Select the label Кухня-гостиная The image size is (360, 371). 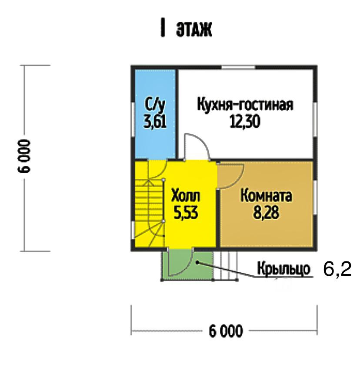tap(245, 105)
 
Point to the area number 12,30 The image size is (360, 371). tap(245, 122)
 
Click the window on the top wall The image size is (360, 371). tap(238, 67)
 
